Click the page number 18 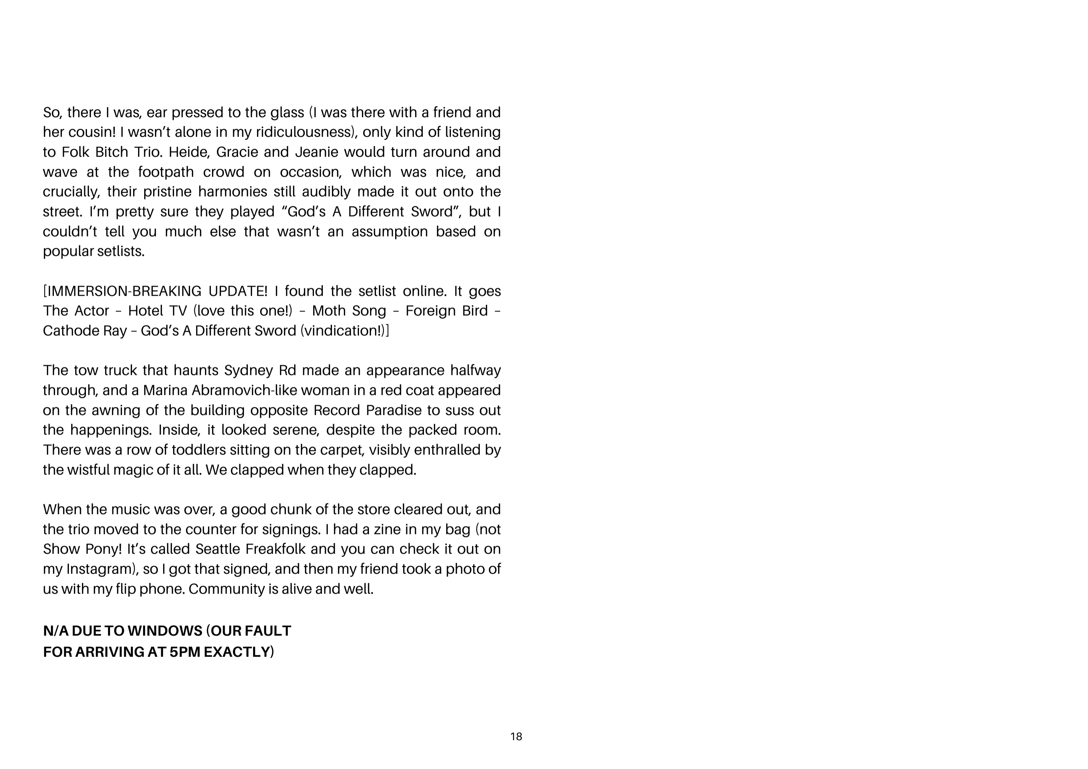click(516, 736)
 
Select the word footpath click(166, 172)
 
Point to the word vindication click(341, 331)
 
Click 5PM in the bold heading click(184, 652)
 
